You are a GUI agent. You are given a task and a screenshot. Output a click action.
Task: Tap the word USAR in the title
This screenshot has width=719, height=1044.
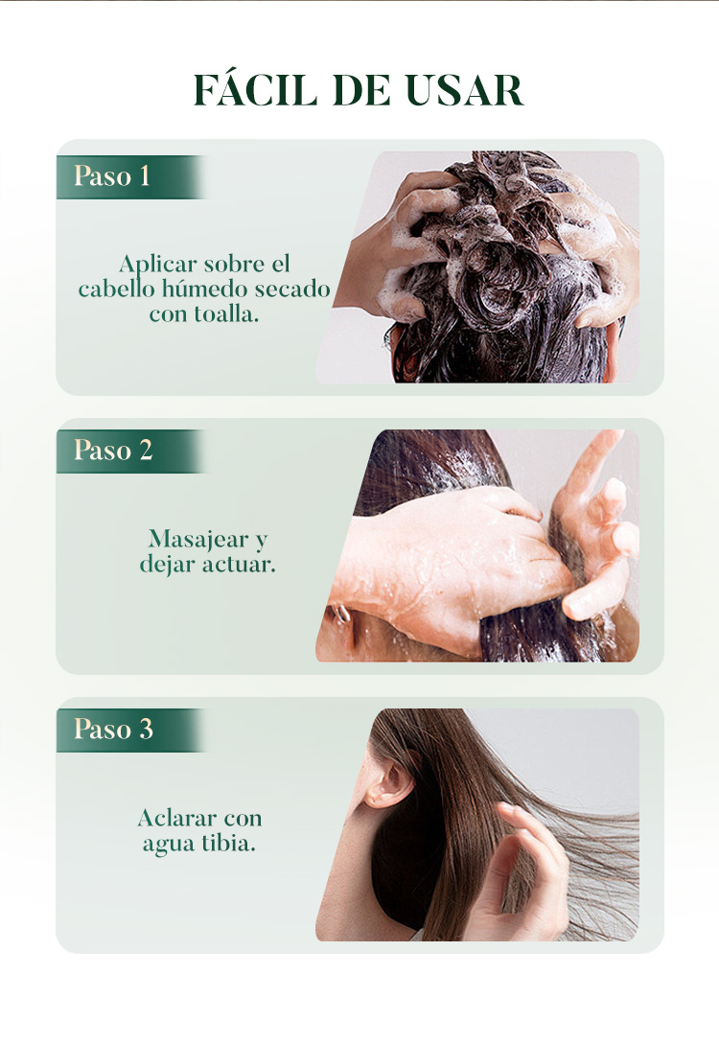point(465,90)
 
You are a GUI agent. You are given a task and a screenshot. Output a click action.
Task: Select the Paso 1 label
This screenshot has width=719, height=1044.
point(112,175)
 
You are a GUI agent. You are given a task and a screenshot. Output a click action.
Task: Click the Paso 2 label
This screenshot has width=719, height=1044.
point(113,450)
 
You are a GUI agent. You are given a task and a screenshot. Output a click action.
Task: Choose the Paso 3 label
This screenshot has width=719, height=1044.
point(113,729)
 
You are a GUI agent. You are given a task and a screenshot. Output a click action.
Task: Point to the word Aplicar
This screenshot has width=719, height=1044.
point(158,265)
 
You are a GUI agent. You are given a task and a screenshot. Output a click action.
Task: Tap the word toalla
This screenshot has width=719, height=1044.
point(226,313)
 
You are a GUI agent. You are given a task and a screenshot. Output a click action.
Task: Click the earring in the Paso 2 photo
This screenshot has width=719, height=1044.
point(340,614)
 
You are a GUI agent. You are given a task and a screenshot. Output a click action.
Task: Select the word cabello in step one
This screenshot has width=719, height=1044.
point(117,289)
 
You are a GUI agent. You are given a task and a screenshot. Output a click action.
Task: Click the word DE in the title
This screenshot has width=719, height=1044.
point(361,90)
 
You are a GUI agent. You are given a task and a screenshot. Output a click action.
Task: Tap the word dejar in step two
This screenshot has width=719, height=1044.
point(168,566)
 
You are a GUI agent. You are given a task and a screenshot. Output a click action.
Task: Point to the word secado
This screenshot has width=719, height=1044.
point(292,289)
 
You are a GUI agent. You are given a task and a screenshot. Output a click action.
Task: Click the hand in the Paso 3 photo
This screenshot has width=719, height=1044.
point(522,872)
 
